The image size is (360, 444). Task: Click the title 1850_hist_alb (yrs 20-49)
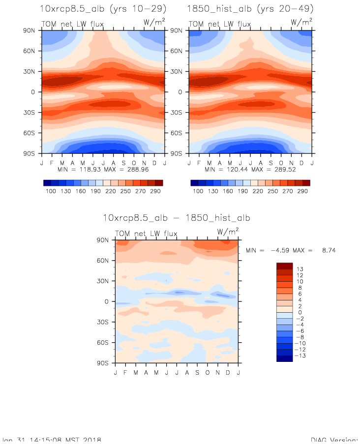tap(250, 9)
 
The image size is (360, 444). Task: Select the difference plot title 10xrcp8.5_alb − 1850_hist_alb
tap(177, 218)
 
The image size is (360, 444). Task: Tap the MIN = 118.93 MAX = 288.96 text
tap(102, 169)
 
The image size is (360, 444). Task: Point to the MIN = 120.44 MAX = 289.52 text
tap(250, 169)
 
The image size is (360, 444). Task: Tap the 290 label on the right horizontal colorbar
tap(302, 191)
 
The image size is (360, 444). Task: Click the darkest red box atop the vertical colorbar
tap(284, 266)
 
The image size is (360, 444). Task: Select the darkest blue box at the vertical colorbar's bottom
tap(284, 358)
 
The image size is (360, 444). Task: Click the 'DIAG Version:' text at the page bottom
tap(334, 441)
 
